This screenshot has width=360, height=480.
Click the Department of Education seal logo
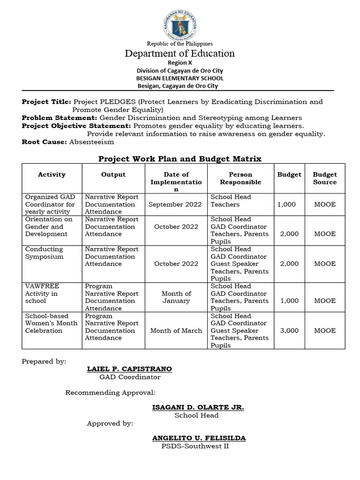pyautogui.click(x=180, y=22)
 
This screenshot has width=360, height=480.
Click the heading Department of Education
pyautogui.click(x=180, y=53)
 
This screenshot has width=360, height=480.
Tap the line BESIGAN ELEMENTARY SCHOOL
pyautogui.click(x=180, y=78)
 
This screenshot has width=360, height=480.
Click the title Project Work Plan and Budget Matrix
pyautogui.click(x=180, y=159)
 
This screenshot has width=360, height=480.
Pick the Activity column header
pyautogui.click(x=52, y=174)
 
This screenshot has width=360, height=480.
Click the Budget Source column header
pyautogui.click(x=325, y=178)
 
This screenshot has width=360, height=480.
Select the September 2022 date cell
pyautogui.click(x=175, y=204)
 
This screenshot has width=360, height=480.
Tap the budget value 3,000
pyautogui.click(x=289, y=330)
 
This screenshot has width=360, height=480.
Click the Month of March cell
pyautogui.click(x=176, y=330)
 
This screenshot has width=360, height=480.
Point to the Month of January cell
pyautogui.click(x=176, y=297)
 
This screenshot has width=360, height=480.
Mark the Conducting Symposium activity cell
pyautogui.click(x=44, y=253)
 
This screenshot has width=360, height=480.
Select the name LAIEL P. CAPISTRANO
pyautogui.click(x=129, y=369)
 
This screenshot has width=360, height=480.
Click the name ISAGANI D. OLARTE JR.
pyautogui.click(x=198, y=407)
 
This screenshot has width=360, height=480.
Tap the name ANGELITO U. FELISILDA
pyautogui.click(x=199, y=438)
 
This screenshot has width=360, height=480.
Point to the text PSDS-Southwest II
pyautogui.click(x=195, y=446)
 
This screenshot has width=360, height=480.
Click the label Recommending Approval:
pyautogui.click(x=110, y=392)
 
